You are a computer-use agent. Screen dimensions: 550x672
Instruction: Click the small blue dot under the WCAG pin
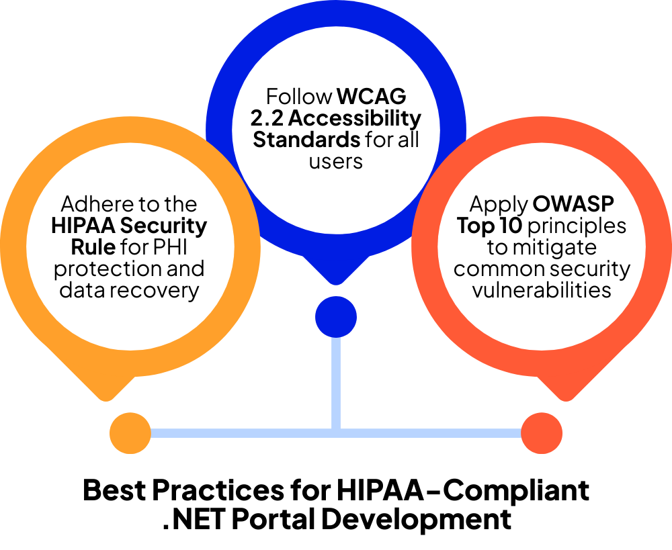336,317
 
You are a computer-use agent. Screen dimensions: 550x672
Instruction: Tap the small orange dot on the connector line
130,433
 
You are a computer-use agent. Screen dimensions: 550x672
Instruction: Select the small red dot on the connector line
542,433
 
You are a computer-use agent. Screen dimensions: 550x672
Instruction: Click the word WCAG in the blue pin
372,97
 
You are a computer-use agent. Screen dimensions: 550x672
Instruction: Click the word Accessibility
359,119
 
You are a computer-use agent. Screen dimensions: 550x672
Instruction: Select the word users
336,162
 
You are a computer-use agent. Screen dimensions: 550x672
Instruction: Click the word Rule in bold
93,247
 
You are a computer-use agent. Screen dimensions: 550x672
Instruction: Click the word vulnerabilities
542,290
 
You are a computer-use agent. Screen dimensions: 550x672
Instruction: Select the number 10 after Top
510,226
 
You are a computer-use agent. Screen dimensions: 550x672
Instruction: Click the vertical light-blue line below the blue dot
336,383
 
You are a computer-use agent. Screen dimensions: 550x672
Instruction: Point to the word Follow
299,97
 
